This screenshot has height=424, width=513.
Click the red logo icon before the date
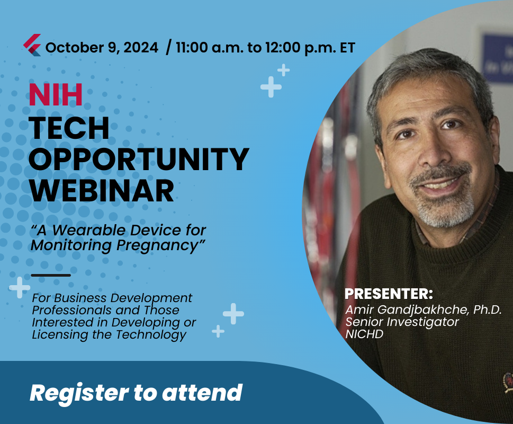click(32, 45)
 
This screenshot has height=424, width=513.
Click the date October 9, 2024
click(102, 47)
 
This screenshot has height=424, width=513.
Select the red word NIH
click(56, 95)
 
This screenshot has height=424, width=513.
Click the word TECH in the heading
click(69, 128)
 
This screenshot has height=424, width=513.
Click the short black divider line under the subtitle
click(51, 275)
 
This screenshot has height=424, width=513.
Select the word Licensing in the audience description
click(58, 334)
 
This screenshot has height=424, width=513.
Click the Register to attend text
click(136, 393)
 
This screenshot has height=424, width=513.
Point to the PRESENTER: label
click(389, 294)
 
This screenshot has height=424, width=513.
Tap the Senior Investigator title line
click(402, 322)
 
